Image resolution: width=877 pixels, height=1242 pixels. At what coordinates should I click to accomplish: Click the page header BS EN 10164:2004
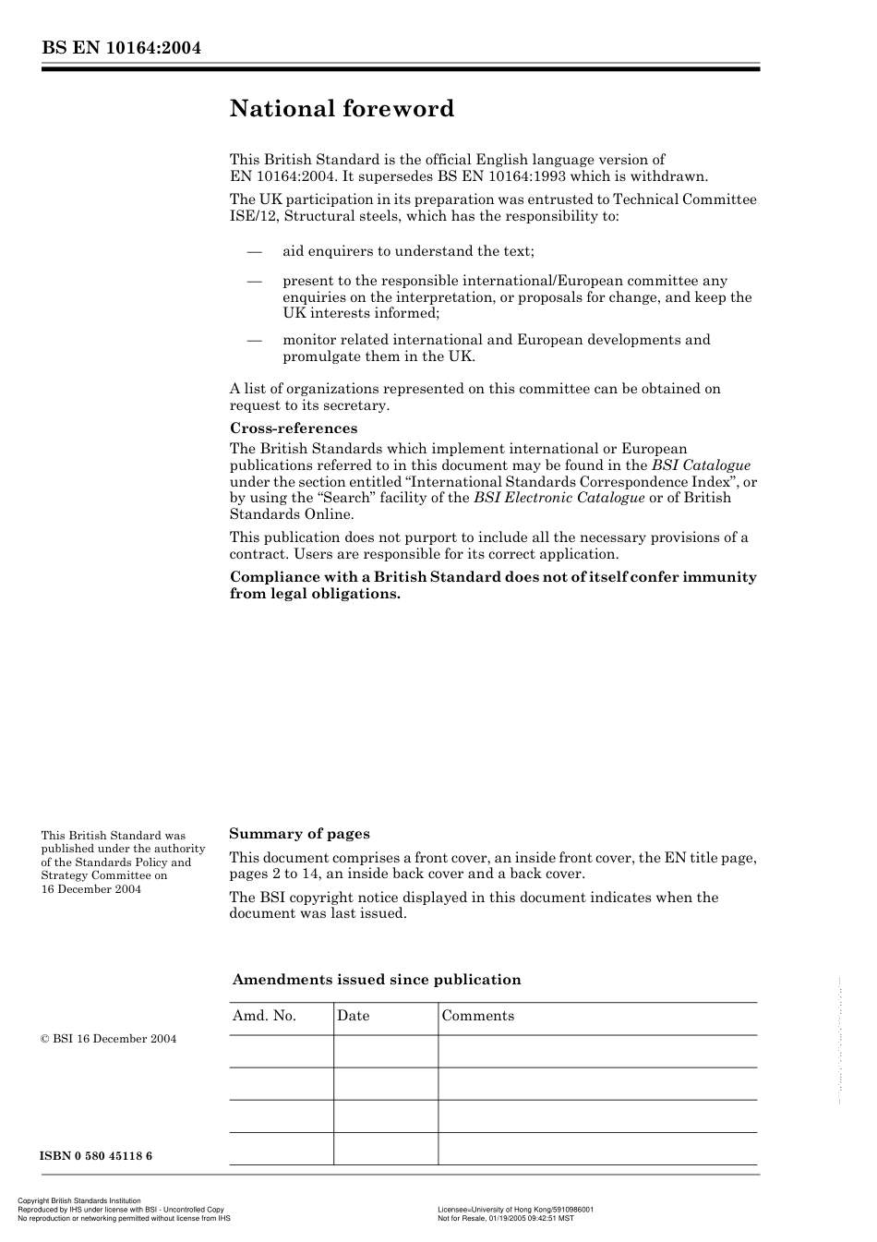121,48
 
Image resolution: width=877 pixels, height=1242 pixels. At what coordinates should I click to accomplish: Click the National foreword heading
342,109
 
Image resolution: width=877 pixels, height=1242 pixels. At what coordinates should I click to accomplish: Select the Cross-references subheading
293,428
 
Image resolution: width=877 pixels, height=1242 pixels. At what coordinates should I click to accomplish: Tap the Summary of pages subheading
299,834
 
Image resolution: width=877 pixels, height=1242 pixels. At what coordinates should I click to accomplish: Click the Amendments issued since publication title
377,980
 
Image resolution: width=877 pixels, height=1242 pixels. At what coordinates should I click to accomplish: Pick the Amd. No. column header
264,1016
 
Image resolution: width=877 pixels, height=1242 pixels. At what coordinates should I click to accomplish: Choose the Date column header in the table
353,1016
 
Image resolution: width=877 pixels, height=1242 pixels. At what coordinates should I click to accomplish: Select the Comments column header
477,1016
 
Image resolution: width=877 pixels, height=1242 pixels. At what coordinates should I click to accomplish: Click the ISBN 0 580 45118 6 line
96,1156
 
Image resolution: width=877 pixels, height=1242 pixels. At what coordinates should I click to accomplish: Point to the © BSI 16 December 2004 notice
108,1039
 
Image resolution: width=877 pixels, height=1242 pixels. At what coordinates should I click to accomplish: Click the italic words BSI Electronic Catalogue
559,498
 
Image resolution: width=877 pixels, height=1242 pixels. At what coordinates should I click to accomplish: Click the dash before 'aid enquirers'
254,251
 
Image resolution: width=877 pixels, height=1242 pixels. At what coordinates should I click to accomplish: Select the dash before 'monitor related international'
254,340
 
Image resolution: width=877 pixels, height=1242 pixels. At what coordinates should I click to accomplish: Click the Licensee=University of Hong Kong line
515,1210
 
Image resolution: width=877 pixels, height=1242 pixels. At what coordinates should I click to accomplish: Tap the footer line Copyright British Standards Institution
79,1201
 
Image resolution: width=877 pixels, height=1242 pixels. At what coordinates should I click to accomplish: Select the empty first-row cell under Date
385,1051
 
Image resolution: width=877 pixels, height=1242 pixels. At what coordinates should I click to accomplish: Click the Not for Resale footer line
505,1218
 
